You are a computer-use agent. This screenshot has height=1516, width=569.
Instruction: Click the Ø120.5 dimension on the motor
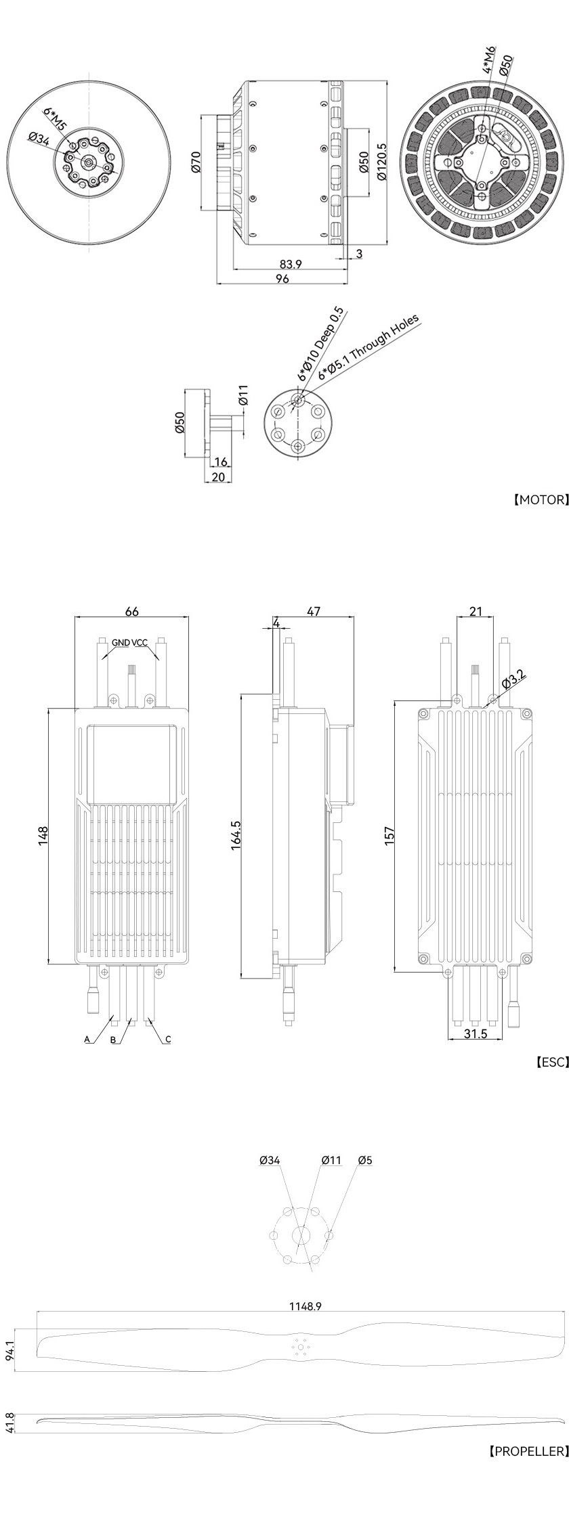(x=381, y=160)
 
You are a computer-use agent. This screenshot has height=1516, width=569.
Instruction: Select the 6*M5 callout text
(x=56, y=120)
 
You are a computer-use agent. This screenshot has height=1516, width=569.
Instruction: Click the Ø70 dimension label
(x=196, y=163)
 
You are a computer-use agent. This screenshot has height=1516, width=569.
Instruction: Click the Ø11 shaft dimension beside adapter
(x=244, y=395)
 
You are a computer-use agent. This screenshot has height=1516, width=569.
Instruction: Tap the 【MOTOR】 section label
(x=540, y=500)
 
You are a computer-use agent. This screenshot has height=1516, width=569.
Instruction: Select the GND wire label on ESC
(x=121, y=642)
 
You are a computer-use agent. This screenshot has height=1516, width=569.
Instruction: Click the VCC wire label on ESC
(x=140, y=642)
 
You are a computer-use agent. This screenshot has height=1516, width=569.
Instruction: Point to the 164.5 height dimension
(x=237, y=836)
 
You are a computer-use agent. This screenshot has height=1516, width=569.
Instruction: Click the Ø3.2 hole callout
(x=513, y=678)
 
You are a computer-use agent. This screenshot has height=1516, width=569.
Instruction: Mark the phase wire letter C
(x=168, y=1039)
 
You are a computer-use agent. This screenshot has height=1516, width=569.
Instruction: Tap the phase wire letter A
(x=87, y=1039)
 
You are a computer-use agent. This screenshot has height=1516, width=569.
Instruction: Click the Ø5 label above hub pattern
(x=364, y=1160)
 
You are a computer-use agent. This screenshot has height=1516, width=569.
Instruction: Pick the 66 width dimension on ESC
(x=132, y=611)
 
